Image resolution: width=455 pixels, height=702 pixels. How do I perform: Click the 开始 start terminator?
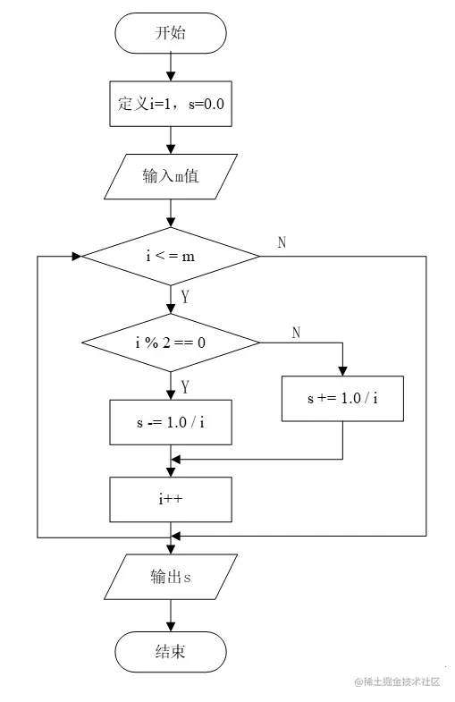point(171,33)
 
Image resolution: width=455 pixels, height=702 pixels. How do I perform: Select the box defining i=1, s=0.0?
point(171,104)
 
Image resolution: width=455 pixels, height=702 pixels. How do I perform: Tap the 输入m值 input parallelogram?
point(171,175)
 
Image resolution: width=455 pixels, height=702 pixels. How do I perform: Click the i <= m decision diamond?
point(171,256)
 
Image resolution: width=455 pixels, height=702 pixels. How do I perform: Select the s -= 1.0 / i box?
point(171,422)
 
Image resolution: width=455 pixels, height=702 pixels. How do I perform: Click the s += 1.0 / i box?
point(342,398)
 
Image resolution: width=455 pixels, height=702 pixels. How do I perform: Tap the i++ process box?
point(171,499)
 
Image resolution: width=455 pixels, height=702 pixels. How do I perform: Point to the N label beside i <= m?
point(282,243)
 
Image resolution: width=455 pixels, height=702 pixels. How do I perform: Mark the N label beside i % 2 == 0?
point(297,332)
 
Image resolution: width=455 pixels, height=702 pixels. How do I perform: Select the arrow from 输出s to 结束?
point(171,614)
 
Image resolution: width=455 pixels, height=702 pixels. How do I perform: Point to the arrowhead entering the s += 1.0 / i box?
point(342,370)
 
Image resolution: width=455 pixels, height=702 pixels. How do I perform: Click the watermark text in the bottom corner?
point(397,681)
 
